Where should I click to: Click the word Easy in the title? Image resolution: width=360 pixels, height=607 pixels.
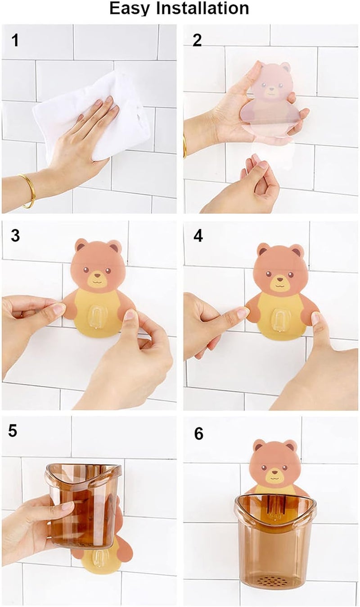coord(130,9)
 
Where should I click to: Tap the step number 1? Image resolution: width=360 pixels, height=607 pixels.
coord(15,41)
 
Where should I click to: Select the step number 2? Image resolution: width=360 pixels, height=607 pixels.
coord(197,40)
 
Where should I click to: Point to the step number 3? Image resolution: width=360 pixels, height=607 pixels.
coord(15,235)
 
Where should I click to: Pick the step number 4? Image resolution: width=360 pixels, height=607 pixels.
coord(198,236)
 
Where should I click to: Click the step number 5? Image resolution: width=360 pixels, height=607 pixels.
coord(13,431)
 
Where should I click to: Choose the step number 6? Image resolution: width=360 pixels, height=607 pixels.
coord(198,434)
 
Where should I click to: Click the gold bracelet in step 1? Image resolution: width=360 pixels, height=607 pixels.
coord(27,191)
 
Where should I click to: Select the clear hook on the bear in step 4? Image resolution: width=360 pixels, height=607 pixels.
coord(281,320)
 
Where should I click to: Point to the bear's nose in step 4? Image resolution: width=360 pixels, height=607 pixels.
coord(279,278)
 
